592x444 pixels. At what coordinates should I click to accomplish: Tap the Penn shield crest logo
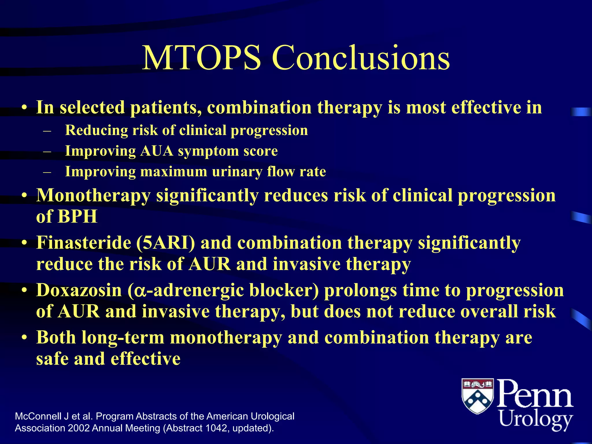[478, 396]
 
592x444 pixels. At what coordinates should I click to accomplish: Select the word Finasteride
[84, 243]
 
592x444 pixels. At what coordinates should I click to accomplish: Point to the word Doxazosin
[79, 290]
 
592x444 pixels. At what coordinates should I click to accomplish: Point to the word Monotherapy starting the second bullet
[93, 196]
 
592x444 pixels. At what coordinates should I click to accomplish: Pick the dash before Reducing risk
[47, 131]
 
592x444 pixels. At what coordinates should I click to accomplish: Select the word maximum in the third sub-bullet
[173, 172]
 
